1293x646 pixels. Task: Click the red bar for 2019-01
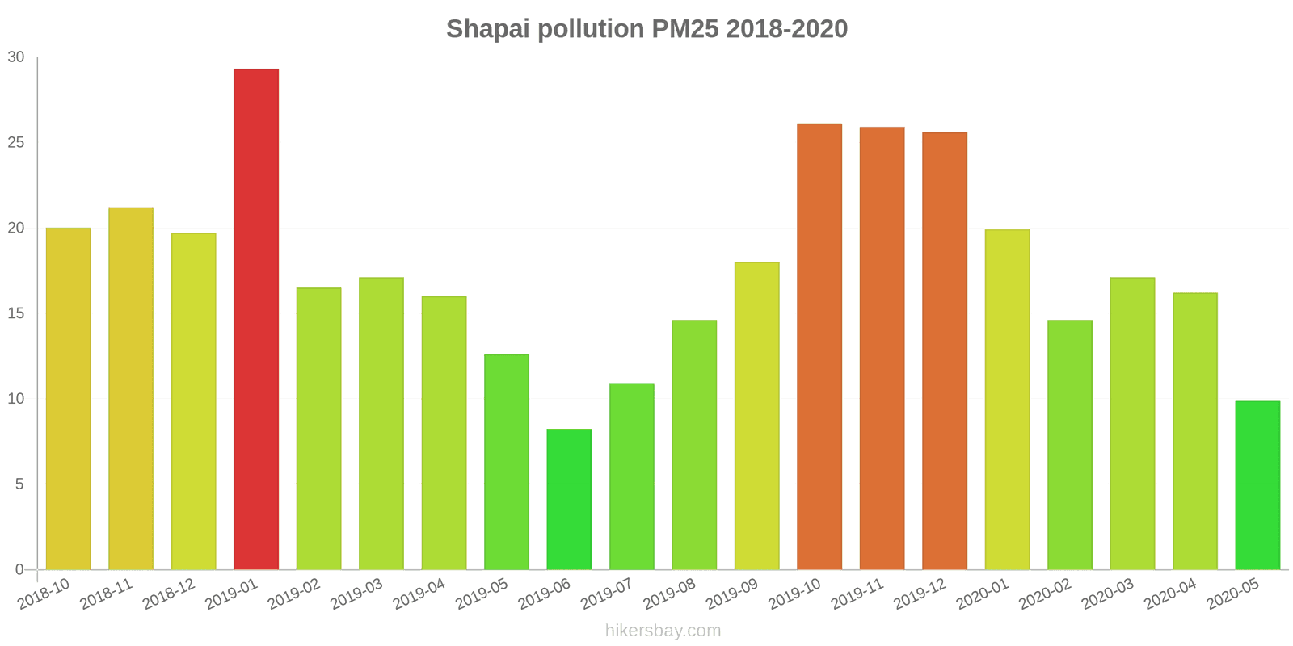[x=256, y=319]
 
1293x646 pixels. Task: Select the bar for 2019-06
[x=569, y=499]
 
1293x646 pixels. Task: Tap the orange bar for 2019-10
[x=819, y=346]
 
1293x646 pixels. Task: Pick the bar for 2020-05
[x=1257, y=484]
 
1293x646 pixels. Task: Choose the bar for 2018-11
[x=131, y=388]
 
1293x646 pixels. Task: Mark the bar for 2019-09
[x=756, y=416]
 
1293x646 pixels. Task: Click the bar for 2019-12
[x=945, y=350]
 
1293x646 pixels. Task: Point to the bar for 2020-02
[x=1070, y=445]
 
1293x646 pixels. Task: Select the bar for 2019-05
[x=507, y=462]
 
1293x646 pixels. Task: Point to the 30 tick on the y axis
[x=16, y=57]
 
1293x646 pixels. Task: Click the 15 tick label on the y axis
[x=16, y=313]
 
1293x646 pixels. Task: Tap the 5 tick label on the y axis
[x=19, y=484]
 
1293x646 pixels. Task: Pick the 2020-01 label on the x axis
[x=983, y=595]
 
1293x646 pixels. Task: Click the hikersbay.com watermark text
[x=663, y=631]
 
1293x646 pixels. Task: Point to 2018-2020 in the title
[x=786, y=29]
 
